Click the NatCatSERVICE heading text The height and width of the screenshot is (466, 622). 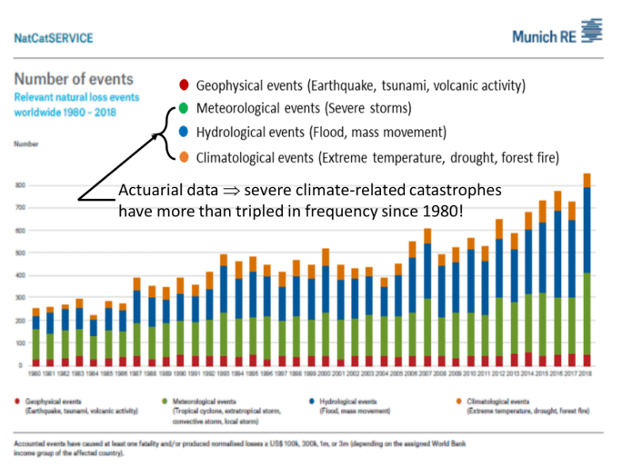click(x=53, y=38)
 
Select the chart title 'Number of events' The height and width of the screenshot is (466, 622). click(x=74, y=79)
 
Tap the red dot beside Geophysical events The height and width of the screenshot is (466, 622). click(x=185, y=87)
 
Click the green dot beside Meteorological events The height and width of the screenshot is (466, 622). click(x=185, y=110)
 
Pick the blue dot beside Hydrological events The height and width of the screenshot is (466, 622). click(x=185, y=133)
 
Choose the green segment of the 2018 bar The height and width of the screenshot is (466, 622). click(x=587, y=313)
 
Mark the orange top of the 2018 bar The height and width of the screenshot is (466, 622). click(x=587, y=180)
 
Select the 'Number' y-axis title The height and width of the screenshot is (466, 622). click(x=25, y=144)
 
